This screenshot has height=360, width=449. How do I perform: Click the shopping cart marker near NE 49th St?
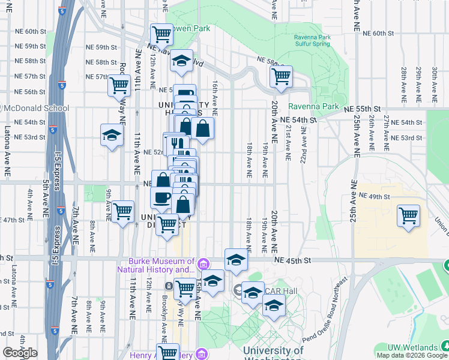(x=408, y=215)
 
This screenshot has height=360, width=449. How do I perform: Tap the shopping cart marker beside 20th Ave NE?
(x=280, y=77)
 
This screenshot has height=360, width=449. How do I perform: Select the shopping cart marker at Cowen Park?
(x=161, y=35)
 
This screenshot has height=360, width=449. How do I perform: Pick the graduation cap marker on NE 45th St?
(x=237, y=260)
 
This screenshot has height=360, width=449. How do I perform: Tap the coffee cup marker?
(x=161, y=197)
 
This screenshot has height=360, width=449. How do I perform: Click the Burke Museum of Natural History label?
(x=161, y=265)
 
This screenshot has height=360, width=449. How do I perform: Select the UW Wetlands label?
(x=411, y=347)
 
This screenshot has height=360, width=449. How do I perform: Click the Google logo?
(x=20, y=353)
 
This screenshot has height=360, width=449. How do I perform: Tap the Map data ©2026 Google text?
(x=412, y=355)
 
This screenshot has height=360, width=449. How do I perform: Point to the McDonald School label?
(x=37, y=109)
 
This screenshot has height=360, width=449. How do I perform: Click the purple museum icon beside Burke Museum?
(x=204, y=264)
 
